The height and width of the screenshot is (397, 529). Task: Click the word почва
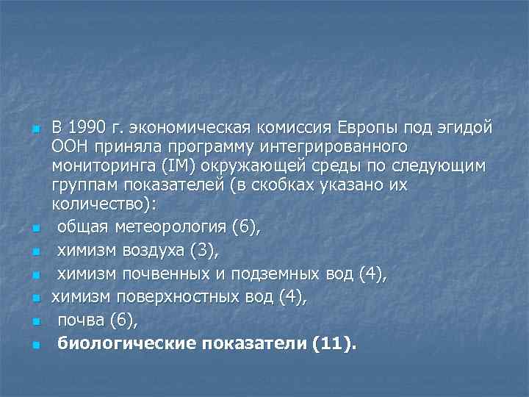tap(81, 321)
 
